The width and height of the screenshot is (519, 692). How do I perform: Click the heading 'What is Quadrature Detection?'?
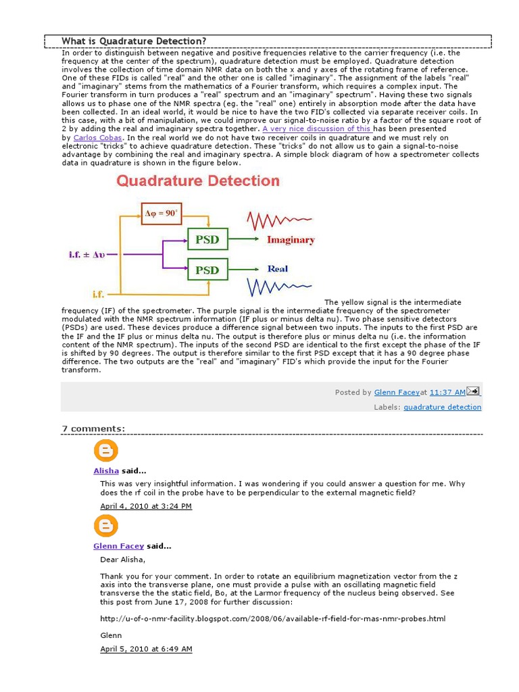[134, 41]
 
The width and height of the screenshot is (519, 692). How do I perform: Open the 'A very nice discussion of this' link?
[317, 128]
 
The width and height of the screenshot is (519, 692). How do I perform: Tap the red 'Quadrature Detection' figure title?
[198, 181]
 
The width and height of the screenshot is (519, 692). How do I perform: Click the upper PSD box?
[207, 239]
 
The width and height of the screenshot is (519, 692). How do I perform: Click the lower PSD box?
[207, 270]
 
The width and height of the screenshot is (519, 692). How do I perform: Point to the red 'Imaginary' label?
[291, 240]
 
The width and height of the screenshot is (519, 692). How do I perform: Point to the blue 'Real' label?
[277, 269]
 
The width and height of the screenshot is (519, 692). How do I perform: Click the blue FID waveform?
[279, 287]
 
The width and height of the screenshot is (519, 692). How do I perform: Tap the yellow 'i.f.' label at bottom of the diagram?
[100, 294]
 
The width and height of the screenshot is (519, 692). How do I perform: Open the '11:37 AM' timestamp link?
[447, 392]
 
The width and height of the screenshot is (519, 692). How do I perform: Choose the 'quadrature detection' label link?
[443, 407]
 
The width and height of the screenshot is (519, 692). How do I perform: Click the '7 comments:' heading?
[93, 428]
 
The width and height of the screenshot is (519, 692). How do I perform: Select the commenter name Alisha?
[106, 470]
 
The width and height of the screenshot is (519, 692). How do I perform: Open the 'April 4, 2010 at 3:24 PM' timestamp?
[146, 505]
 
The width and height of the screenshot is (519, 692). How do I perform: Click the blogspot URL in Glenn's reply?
[272, 618]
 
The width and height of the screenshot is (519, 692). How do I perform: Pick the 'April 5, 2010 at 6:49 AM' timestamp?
[146, 649]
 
